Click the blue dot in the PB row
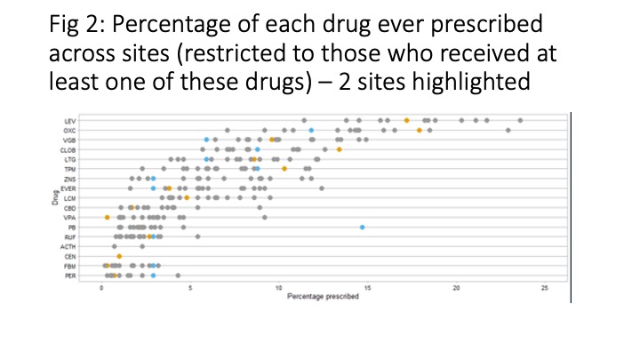(x=363, y=228)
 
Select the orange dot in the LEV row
(x=406, y=120)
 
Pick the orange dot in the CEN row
(x=119, y=256)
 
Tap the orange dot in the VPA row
(x=107, y=217)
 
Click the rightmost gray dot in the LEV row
(x=520, y=120)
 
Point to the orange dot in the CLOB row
(x=340, y=149)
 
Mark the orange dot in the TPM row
(x=284, y=168)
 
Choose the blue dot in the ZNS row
(x=154, y=179)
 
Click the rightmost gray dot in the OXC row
(x=508, y=130)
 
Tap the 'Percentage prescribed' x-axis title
(x=324, y=295)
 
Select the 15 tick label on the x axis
(x=368, y=287)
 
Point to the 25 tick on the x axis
(x=544, y=287)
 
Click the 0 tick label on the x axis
(x=102, y=287)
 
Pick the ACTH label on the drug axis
(x=69, y=246)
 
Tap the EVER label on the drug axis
(x=69, y=188)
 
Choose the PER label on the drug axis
(x=70, y=276)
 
